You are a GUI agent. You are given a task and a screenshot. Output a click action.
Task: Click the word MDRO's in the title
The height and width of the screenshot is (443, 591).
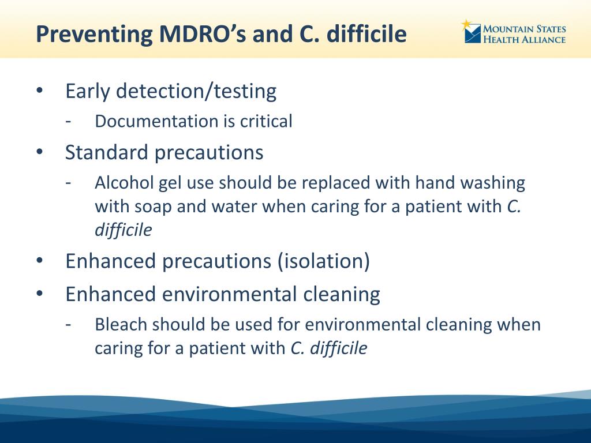(x=203, y=33)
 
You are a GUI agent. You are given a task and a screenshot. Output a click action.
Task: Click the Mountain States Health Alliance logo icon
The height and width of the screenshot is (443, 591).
(x=472, y=32)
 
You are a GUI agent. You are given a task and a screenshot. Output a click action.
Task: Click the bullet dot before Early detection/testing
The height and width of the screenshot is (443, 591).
(x=40, y=91)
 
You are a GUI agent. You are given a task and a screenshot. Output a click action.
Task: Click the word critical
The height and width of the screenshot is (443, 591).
(x=266, y=121)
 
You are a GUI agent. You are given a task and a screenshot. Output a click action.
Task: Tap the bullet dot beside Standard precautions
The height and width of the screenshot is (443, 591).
(x=40, y=152)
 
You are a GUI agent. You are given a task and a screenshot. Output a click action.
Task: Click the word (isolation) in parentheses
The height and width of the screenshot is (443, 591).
(x=324, y=261)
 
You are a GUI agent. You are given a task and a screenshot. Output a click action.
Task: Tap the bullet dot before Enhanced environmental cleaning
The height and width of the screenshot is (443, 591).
(x=40, y=294)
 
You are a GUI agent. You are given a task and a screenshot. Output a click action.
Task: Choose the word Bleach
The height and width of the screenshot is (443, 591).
(x=121, y=325)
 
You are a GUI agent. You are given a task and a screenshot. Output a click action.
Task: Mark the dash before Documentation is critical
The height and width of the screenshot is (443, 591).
(x=68, y=121)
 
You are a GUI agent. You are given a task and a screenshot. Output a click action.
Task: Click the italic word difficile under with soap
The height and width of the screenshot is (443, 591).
(x=124, y=230)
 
